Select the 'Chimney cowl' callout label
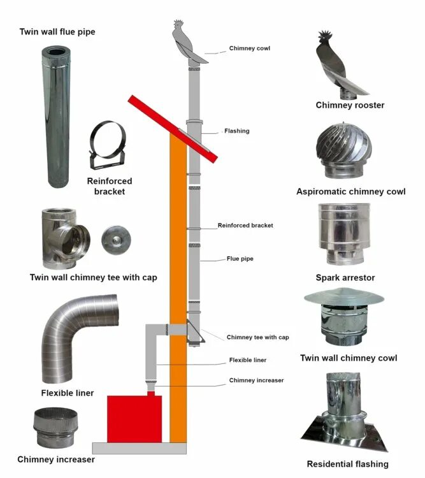250,48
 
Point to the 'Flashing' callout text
236,131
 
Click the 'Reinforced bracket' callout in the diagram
245,226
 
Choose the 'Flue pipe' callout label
241,259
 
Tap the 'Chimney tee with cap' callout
258,337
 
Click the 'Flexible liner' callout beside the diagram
248,360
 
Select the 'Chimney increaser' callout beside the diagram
256,380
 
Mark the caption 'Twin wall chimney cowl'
349,358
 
